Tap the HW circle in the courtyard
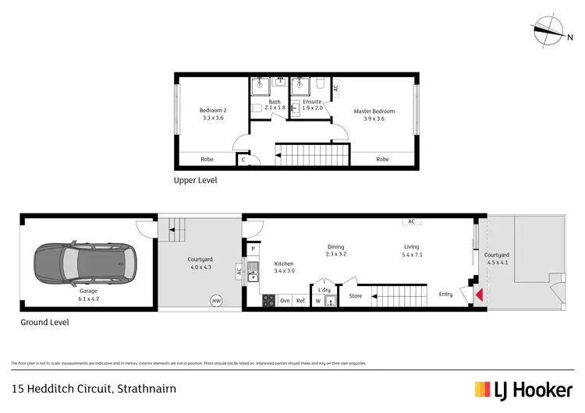click(x=215, y=300)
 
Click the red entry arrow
click(x=480, y=295)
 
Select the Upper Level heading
click(x=195, y=180)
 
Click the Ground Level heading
click(x=44, y=322)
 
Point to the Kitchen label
click(x=284, y=267)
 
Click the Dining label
click(x=336, y=250)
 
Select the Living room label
click(x=412, y=250)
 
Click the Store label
click(x=356, y=296)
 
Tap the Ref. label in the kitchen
click(x=300, y=301)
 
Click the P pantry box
click(x=253, y=249)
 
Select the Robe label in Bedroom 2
click(x=207, y=159)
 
